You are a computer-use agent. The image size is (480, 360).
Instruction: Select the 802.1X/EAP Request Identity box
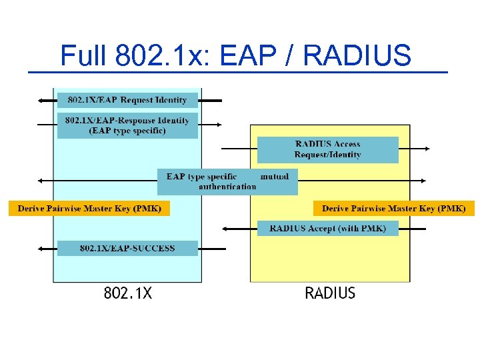coord(127,100)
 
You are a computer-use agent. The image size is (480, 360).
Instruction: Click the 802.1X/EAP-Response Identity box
coord(127,125)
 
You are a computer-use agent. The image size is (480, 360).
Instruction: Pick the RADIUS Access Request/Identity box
coord(327,149)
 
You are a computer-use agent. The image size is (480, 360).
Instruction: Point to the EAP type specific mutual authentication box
coord(227,181)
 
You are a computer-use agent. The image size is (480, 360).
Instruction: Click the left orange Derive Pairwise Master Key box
coord(89,209)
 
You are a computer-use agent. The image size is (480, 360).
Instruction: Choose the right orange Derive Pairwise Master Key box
coord(393,209)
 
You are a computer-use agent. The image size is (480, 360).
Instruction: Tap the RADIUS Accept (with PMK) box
coord(327,229)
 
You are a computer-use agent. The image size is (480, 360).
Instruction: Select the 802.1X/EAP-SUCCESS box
coord(127,248)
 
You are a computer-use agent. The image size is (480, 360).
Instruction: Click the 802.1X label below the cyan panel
coord(127,293)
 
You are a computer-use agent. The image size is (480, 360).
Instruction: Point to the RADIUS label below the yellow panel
coord(330,293)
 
